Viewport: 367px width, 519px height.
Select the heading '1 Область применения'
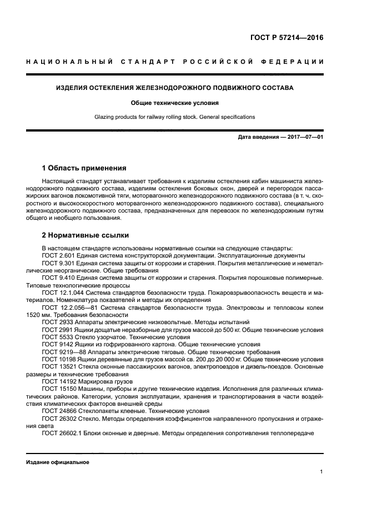coord(84,168)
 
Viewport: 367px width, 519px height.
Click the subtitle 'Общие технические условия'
coord(175,103)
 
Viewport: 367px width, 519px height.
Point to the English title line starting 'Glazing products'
coord(175,118)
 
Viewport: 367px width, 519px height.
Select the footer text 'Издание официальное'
coord(58,462)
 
